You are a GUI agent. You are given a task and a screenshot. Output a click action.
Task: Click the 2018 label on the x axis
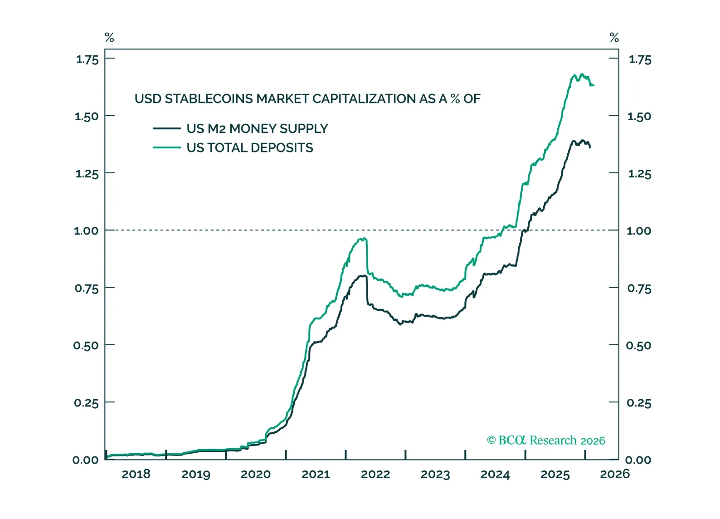point(136,474)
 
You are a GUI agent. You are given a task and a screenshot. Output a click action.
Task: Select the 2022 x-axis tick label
point(375,474)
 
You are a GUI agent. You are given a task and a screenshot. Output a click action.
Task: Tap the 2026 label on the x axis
point(615,474)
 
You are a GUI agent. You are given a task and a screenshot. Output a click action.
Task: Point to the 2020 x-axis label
point(256,474)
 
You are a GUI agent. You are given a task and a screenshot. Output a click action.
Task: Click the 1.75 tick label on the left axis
point(87,59)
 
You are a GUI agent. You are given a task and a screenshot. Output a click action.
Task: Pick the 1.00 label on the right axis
point(639,231)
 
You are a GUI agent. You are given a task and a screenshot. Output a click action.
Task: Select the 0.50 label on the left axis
point(86,346)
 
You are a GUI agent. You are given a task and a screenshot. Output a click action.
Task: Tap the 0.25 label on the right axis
point(639,403)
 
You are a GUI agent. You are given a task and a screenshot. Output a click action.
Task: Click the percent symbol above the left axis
point(109,37)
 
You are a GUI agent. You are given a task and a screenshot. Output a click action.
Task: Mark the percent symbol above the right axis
point(614,37)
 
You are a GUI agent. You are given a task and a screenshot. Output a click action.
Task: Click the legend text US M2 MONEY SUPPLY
point(257,129)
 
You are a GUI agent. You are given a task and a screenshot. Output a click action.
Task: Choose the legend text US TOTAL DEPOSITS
point(250,148)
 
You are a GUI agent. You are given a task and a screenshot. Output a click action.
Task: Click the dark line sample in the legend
point(167,129)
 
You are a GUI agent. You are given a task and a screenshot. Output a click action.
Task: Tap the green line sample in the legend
point(167,148)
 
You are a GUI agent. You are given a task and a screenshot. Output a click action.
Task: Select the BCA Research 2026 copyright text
point(546,441)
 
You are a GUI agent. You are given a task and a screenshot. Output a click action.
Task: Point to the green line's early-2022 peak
point(363,238)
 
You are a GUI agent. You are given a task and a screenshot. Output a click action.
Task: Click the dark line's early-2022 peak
point(363,275)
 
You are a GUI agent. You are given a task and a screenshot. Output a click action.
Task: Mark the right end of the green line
point(594,85)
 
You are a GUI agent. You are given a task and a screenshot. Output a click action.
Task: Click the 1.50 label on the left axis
point(86,117)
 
